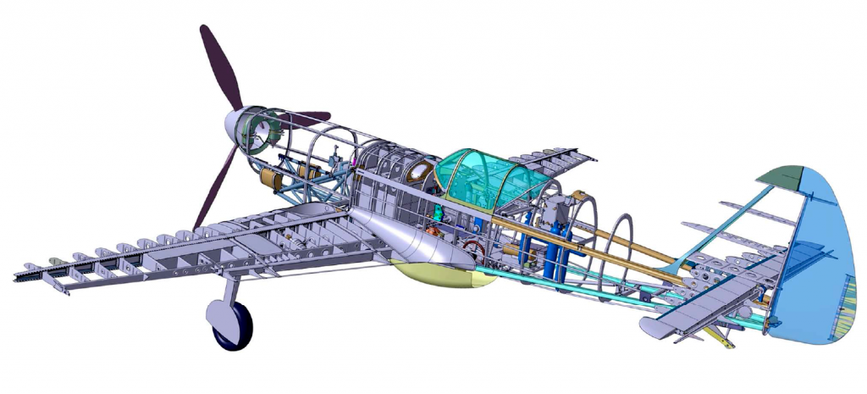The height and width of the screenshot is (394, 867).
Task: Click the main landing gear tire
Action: pos(233,327)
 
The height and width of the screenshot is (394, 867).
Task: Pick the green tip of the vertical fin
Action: pos(784,176)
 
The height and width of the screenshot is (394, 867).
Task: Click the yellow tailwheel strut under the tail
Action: pos(720,339)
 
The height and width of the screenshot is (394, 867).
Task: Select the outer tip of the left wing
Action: pos(25,275)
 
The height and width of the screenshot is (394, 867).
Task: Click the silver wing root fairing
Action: pos(398,241)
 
